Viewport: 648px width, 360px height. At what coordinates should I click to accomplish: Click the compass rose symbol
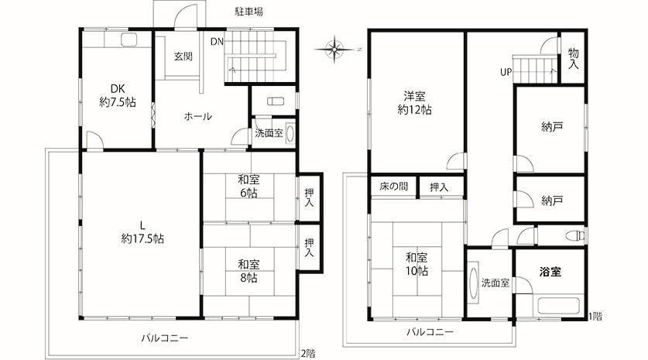(334, 50)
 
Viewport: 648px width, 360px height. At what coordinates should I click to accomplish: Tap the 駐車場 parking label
(249, 12)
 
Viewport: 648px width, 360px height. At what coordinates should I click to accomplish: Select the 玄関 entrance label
(183, 57)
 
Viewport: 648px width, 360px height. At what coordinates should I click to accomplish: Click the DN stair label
(217, 41)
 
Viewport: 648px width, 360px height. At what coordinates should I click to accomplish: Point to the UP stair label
(506, 72)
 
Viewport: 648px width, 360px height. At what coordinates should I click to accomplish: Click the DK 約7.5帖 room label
(118, 95)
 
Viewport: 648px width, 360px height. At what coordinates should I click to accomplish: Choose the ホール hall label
(198, 116)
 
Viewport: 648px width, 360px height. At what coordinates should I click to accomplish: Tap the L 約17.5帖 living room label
(142, 232)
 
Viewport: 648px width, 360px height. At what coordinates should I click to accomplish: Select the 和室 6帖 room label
(249, 186)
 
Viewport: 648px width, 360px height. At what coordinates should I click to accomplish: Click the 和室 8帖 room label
(249, 271)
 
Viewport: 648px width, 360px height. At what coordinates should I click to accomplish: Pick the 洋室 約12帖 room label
(414, 103)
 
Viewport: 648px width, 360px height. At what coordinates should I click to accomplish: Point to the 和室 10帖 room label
(417, 264)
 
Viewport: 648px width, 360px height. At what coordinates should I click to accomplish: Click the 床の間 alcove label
(394, 187)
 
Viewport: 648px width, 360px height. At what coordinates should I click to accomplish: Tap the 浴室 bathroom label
(550, 272)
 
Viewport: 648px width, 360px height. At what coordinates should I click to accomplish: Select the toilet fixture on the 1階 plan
(574, 236)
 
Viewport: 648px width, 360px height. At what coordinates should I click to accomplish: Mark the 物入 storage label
(573, 58)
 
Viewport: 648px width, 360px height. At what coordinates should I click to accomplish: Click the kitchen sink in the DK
(129, 39)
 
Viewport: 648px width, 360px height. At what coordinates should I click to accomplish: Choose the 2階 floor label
(308, 353)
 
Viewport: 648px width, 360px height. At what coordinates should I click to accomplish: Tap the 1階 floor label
(595, 317)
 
